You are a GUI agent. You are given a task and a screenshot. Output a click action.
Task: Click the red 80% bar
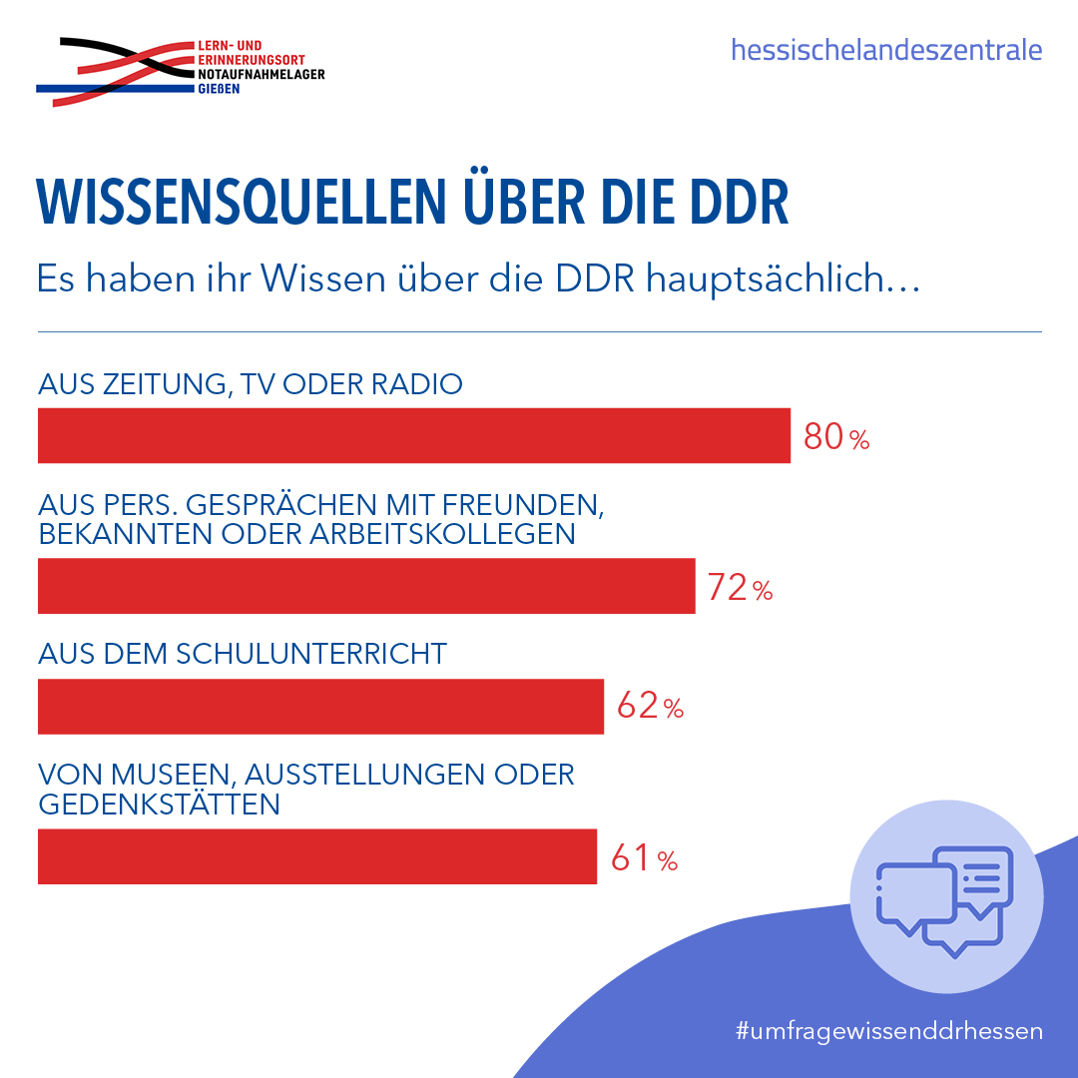click(x=414, y=435)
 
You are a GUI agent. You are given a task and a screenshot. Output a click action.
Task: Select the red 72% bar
click(x=366, y=586)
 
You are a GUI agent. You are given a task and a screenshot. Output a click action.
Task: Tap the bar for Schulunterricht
click(x=320, y=707)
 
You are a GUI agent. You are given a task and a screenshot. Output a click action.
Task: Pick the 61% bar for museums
click(x=317, y=856)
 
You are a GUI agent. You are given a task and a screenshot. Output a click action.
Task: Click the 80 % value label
click(x=836, y=437)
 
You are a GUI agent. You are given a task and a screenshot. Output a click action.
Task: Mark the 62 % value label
click(x=651, y=706)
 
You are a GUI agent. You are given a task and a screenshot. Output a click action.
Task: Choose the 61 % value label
click(x=644, y=858)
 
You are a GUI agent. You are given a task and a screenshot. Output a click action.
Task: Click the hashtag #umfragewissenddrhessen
click(x=889, y=1030)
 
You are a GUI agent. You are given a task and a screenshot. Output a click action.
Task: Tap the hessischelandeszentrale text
click(x=886, y=50)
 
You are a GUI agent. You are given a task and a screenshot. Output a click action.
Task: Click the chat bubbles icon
click(x=944, y=900)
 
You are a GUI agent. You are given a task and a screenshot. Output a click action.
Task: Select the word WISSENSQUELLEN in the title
click(x=242, y=202)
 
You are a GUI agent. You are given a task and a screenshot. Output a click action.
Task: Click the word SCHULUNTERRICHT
click(x=311, y=654)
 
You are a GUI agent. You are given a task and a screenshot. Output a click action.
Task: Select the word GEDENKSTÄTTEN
click(x=159, y=804)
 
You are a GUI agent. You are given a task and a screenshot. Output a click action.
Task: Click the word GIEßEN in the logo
click(x=219, y=89)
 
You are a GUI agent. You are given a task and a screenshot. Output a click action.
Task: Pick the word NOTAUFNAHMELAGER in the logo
click(x=262, y=74)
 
